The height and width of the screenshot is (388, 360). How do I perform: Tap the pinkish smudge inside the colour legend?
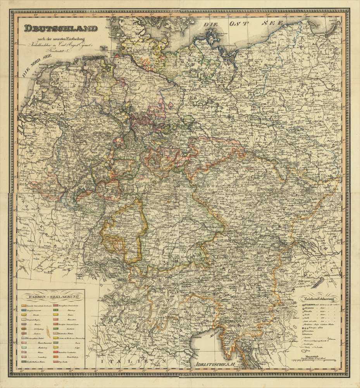pyautogui.click(x=47, y=332)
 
